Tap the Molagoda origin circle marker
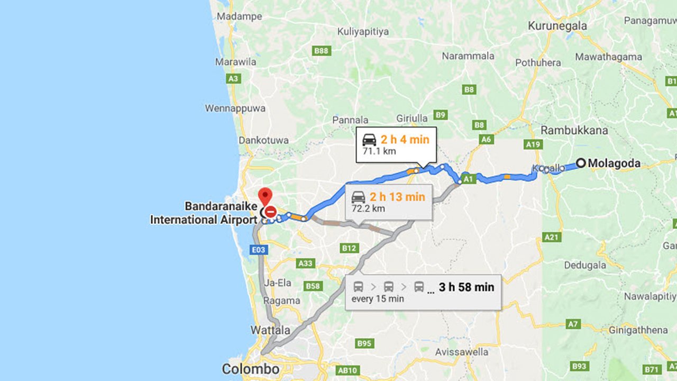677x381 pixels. click(581, 163)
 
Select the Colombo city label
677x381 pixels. click(250, 369)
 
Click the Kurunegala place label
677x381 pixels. click(557, 26)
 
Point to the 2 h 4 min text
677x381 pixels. click(405, 140)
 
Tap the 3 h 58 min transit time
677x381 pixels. click(466, 287)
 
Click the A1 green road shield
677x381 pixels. click(468, 179)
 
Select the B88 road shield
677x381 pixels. click(321, 51)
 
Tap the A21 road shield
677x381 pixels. click(552, 238)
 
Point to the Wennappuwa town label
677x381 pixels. click(235, 108)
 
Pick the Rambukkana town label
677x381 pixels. click(574, 130)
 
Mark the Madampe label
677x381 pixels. click(239, 16)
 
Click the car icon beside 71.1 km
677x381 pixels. click(369, 140)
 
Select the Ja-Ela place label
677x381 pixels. click(278, 283)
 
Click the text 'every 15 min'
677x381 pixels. click(378, 298)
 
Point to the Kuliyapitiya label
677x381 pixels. click(363, 32)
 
